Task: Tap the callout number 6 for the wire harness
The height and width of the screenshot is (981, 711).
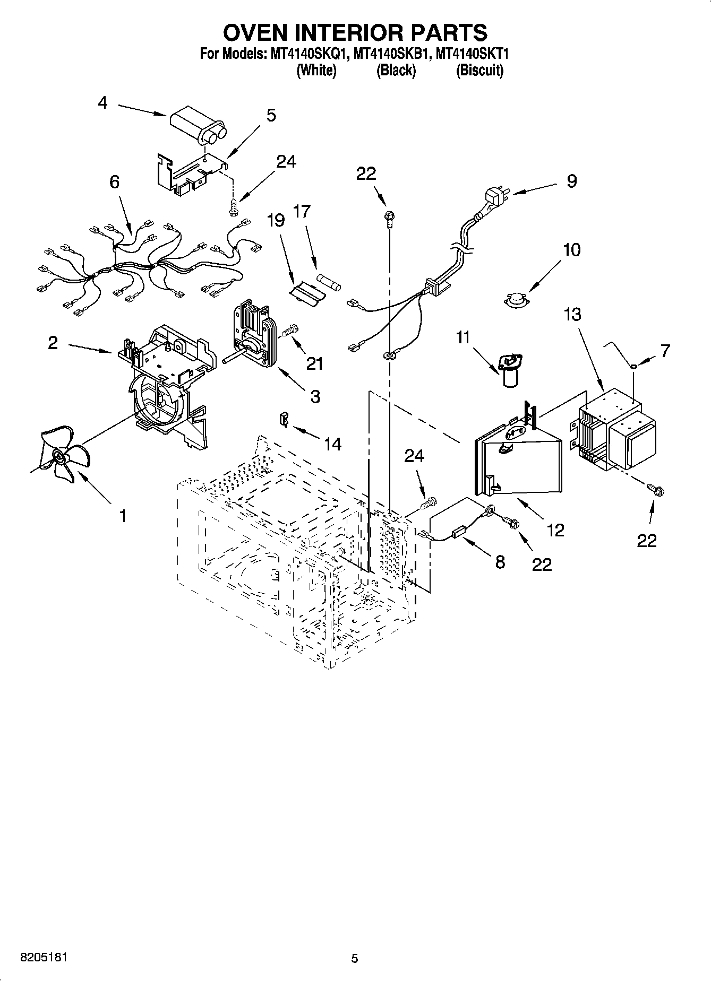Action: point(114,182)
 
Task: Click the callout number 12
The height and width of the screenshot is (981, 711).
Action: point(556,529)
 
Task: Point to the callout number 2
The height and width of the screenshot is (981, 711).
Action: point(53,343)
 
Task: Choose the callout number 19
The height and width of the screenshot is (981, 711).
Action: point(276,220)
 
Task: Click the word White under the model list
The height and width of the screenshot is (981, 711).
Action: point(316,71)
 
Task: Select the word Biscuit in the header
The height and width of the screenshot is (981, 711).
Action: point(479,71)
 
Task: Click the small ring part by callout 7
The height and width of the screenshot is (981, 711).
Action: point(635,365)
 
